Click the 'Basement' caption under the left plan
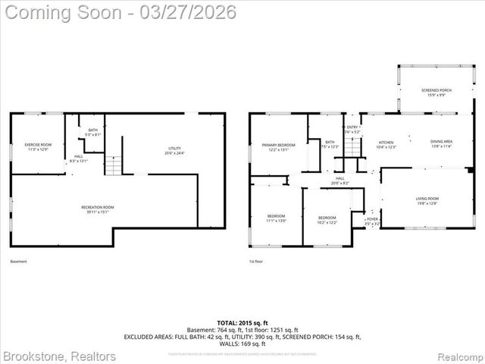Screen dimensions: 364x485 pyautogui.click(x=18, y=262)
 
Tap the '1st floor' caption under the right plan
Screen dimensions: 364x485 pyautogui.click(x=256, y=262)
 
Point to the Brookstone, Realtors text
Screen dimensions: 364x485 pyautogui.click(x=59, y=356)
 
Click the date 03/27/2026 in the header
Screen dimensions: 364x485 pyautogui.click(x=183, y=12)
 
